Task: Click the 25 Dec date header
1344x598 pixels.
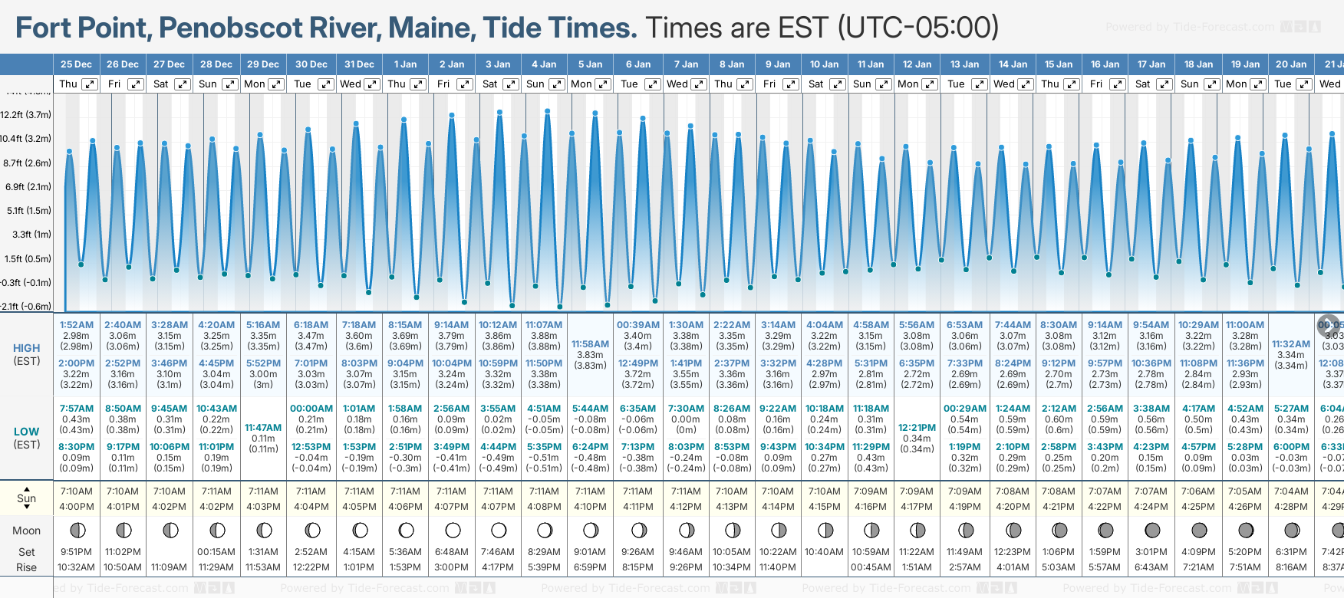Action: (x=76, y=64)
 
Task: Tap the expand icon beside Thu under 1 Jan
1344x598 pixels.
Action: (x=417, y=84)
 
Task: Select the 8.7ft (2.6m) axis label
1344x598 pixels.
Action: (x=27, y=163)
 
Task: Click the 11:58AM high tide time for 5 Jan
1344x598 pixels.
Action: (x=591, y=344)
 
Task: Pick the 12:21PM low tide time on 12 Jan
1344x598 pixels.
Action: (x=917, y=428)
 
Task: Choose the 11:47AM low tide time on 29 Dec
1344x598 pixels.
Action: (x=263, y=428)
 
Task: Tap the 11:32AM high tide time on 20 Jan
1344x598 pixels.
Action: (x=1291, y=344)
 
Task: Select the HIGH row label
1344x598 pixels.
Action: (x=27, y=348)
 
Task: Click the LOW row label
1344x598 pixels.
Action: (x=27, y=432)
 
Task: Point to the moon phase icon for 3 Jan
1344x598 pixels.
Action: (x=499, y=530)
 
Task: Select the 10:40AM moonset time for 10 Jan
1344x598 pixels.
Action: (x=825, y=552)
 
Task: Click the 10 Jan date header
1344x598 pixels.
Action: (x=825, y=64)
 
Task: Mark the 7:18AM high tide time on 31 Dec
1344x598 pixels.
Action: (x=358, y=325)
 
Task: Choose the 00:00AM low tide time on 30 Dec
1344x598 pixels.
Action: (x=311, y=409)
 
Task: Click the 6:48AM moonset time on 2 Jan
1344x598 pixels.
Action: (x=451, y=552)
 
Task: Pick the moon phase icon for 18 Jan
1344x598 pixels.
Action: (x=1199, y=530)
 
